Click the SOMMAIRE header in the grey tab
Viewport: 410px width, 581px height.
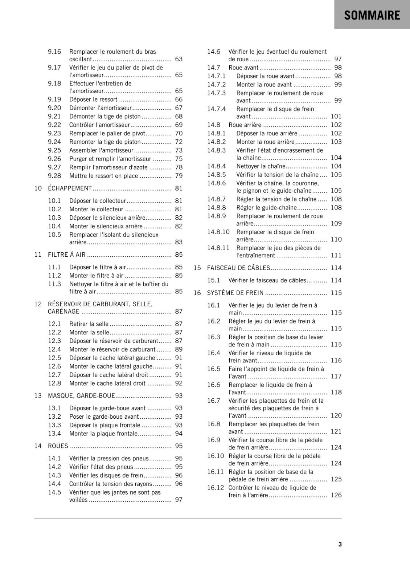372,15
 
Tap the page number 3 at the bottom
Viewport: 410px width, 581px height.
340,544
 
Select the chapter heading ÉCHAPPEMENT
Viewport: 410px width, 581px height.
70,188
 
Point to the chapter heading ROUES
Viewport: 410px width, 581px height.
58,446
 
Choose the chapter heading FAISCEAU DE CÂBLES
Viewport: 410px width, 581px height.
238,268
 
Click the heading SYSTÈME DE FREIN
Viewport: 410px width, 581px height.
235,293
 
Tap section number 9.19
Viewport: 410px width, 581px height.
54,99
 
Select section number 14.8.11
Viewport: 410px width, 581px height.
218,248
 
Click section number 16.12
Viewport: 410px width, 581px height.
216,488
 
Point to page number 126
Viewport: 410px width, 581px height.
336,495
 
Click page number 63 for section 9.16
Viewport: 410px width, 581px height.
179,59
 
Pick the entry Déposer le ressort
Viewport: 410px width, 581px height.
93,99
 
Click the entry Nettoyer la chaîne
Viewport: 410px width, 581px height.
261,166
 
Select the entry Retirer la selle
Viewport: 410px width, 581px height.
89,324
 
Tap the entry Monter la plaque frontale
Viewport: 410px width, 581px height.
103,434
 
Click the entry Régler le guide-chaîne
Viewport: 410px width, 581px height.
266,207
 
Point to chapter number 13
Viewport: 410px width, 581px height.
38,396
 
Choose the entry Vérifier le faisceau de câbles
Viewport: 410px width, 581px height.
267,280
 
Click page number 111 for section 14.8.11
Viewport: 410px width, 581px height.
336,255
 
